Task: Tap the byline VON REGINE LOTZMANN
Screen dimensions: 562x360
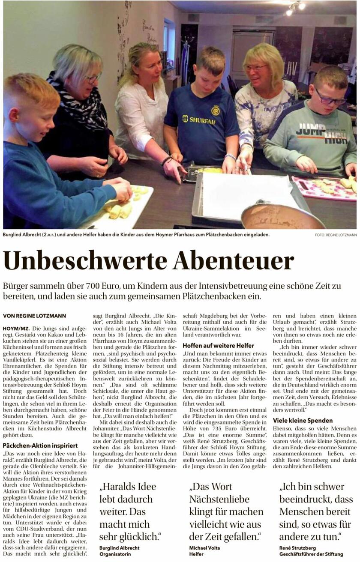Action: tap(35, 316)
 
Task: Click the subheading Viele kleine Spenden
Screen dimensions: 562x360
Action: tap(303, 421)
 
